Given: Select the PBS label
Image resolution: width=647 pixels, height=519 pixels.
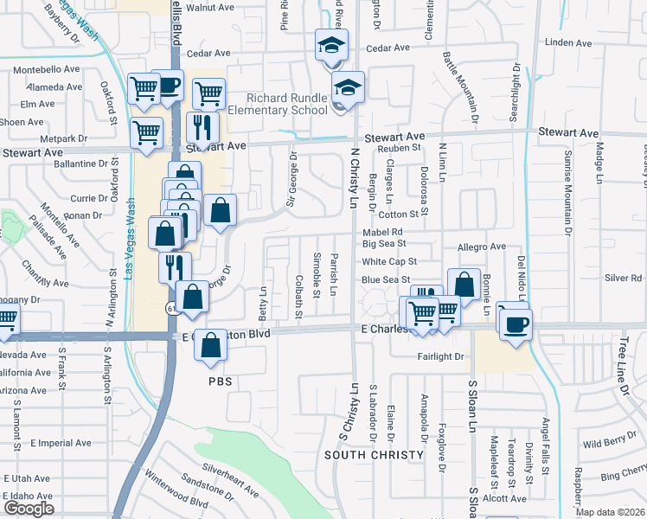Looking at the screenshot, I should [x=221, y=381].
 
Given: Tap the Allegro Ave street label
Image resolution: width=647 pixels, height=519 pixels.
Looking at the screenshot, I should [x=481, y=247].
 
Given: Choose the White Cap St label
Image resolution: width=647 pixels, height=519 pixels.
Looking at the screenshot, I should [x=389, y=261].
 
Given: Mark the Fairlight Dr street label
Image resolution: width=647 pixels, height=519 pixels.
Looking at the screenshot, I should [x=441, y=356].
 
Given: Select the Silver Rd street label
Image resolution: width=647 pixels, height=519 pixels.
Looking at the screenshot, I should [x=623, y=278].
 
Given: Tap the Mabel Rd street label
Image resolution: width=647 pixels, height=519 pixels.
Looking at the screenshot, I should [x=383, y=232].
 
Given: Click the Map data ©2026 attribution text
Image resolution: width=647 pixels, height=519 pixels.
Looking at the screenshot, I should [x=610, y=512].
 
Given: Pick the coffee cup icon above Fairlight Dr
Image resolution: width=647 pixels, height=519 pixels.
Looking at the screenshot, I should [x=516, y=324].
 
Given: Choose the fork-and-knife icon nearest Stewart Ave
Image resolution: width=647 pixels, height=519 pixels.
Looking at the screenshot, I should [x=202, y=128].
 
